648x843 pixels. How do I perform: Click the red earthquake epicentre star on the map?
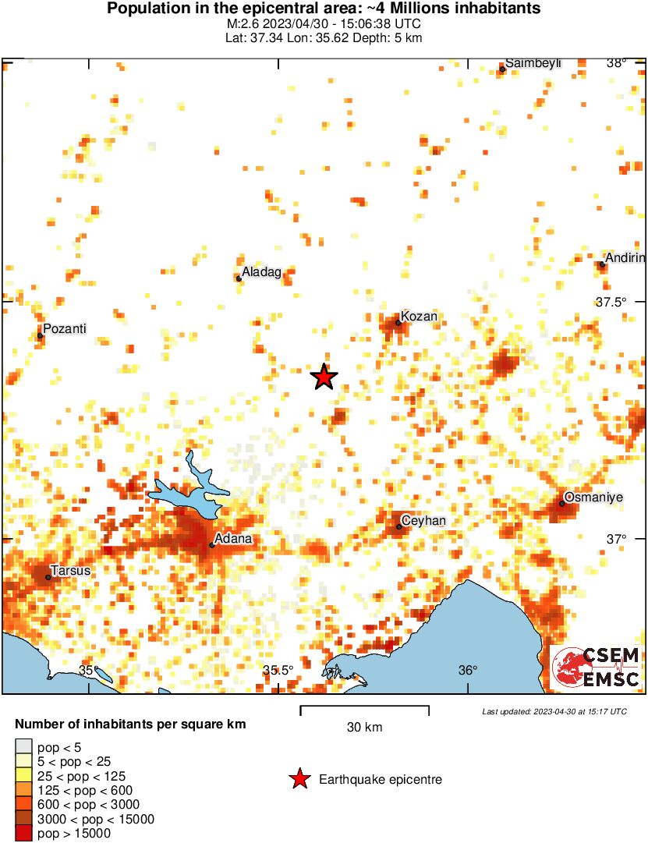tap(324, 377)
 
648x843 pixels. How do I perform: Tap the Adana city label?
tap(233, 539)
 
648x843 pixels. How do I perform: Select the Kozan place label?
tap(420, 316)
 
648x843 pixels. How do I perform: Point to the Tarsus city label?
tap(71, 570)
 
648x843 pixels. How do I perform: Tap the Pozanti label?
tap(64, 329)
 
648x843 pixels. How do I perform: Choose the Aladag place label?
tap(261, 272)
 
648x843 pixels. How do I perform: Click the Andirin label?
tap(626, 258)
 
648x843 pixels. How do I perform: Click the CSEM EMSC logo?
tap(597, 668)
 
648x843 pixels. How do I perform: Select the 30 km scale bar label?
tap(364, 728)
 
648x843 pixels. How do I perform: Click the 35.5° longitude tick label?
tap(278, 671)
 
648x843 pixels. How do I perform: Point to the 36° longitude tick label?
tap(468, 671)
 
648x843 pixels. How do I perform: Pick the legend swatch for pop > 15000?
tap(24, 833)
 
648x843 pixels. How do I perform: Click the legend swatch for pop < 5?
tap(24, 747)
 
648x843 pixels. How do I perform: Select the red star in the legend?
tap(299, 778)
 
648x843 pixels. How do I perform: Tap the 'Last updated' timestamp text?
tap(554, 711)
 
